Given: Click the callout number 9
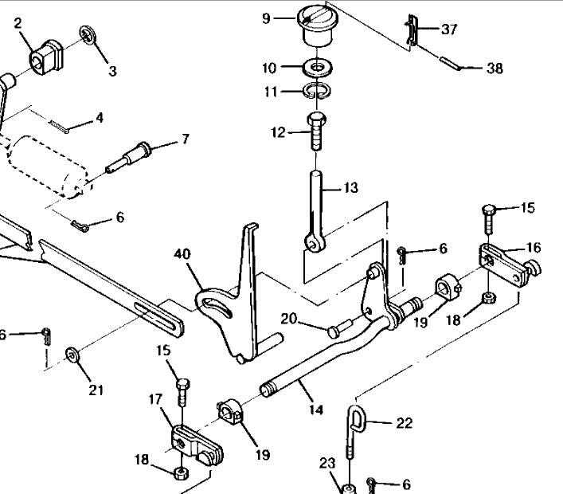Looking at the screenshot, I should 266,18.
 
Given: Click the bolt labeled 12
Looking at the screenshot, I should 316,131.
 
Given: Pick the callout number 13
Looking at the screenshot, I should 350,188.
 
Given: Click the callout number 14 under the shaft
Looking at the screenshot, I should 316,410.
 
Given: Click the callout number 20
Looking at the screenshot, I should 288,318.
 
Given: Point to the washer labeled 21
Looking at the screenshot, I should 74,354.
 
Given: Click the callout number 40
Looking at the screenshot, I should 183,255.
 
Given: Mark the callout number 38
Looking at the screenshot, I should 494,69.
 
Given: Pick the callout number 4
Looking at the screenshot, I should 99,119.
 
